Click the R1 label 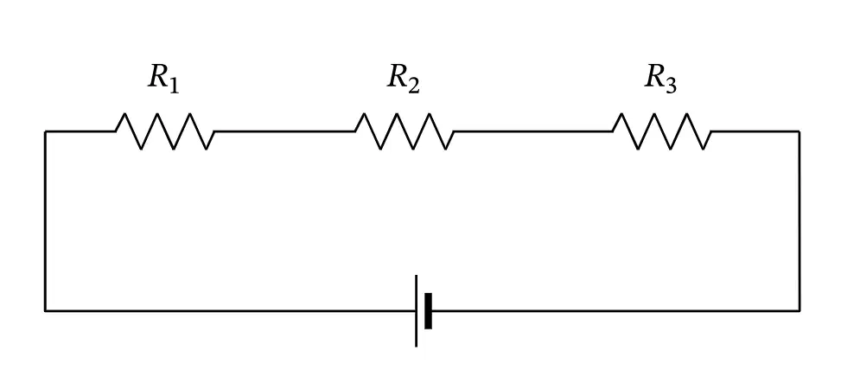pos(163,80)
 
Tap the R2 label pos(404,80)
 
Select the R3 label pos(660,80)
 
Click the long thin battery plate pos(417,310)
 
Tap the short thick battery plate pos(428,310)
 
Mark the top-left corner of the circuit pos(46,131)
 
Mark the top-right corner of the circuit pos(800,131)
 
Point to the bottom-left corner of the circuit pos(46,310)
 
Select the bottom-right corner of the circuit pos(800,310)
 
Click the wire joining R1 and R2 pos(284,131)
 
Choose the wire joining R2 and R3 pos(533,131)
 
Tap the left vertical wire pos(46,220)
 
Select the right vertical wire pos(800,220)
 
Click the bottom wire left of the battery pos(230,310)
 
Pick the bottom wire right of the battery pos(615,310)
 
